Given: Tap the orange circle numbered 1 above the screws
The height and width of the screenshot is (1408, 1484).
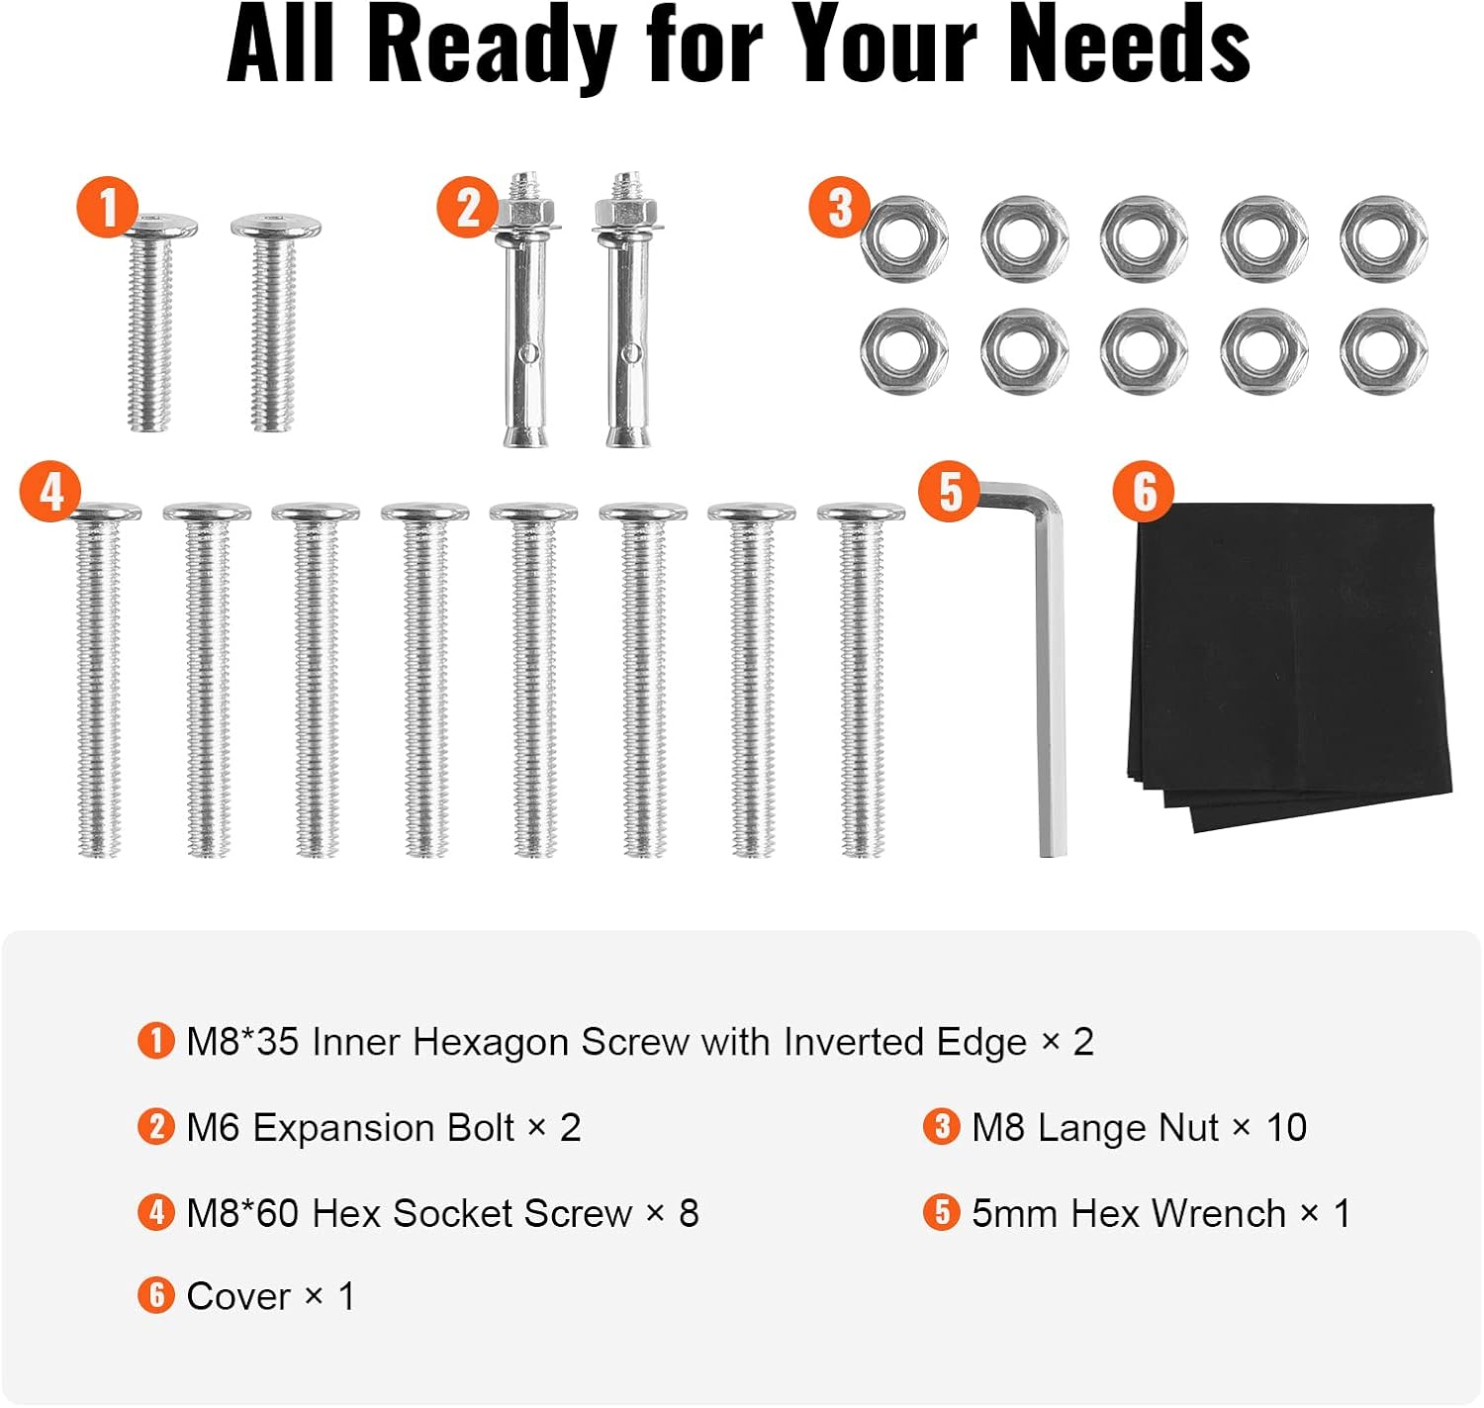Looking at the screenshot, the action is click(x=108, y=208).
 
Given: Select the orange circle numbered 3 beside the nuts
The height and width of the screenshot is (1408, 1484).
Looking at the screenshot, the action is click(x=839, y=208).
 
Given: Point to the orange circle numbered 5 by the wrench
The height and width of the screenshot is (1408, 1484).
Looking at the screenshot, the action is click(x=949, y=492).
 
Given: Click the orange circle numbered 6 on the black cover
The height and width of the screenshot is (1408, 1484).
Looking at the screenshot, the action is click(x=1144, y=492).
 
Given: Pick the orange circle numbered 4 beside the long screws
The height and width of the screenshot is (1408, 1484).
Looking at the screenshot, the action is click(x=50, y=492).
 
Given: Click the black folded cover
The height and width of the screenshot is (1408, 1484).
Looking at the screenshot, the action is click(x=1287, y=664).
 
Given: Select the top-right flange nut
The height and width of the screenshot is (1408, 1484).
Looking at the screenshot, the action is click(x=1384, y=239).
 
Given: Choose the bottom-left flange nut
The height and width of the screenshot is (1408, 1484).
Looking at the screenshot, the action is click(x=904, y=351).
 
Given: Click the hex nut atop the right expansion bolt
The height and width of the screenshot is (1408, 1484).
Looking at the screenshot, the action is click(x=625, y=211).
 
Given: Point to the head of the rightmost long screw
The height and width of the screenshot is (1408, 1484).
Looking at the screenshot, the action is click(x=861, y=513).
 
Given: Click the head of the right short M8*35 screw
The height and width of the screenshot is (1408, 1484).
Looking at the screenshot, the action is click(x=275, y=225).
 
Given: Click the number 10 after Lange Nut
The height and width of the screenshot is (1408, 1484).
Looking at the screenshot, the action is click(x=1286, y=1129).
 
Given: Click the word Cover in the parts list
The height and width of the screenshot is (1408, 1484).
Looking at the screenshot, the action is click(x=237, y=1298).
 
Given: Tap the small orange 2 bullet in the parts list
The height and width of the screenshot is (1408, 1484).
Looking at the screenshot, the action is click(x=156, y=1127).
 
